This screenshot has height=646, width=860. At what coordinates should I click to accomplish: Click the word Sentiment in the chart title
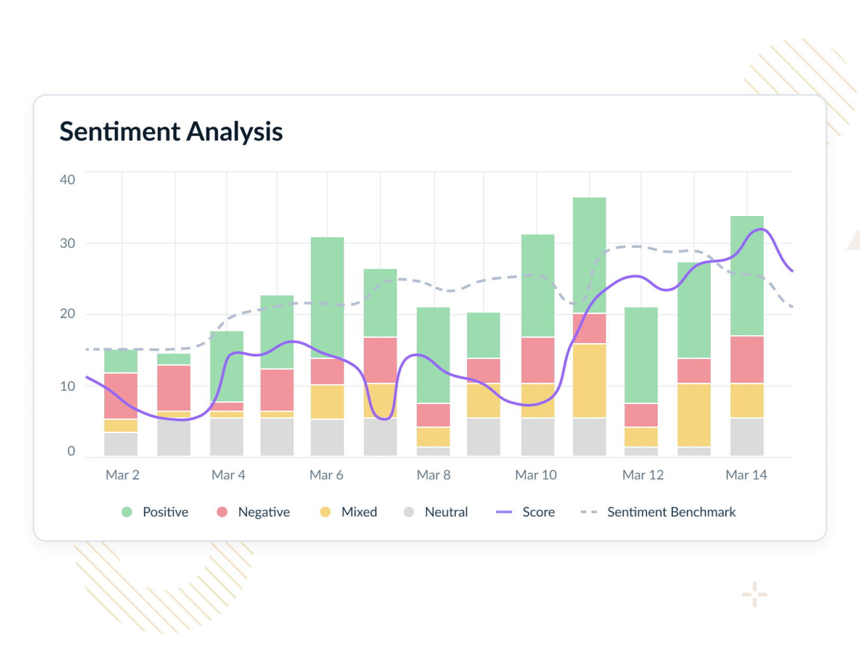(120, 131)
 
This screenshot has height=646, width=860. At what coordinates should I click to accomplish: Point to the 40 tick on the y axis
(67, 180)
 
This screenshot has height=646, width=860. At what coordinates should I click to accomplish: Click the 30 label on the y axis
(67, 243)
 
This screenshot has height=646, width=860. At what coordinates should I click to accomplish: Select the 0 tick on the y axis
(71, 451)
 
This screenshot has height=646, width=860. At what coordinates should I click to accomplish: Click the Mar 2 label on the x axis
(122, 475)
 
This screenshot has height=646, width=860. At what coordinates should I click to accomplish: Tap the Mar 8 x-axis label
(433, 475)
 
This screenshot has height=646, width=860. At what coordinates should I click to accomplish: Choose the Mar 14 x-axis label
(746, 475)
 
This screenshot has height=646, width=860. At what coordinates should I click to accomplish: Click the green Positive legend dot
(127, 512)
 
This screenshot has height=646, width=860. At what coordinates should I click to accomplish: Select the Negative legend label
(264, 512)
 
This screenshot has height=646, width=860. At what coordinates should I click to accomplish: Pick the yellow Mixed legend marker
(325, 512)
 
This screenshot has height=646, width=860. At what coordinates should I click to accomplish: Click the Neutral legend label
(446, 512)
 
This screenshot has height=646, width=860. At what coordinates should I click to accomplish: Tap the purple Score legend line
(504, 512)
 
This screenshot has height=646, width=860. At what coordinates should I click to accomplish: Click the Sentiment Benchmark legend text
(671, 512)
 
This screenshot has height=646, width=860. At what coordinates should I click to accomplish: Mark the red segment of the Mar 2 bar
(121, 396)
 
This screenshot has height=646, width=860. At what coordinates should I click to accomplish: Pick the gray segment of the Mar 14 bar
(747, 437)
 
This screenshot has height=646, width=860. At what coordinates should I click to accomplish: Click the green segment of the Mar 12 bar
(641, 355)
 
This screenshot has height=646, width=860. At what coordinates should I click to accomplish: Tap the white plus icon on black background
(755, 595)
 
